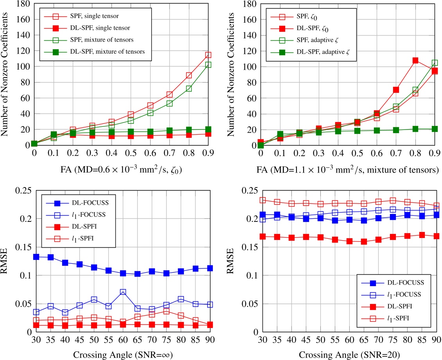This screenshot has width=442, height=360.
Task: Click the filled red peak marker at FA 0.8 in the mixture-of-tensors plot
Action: (415, 61)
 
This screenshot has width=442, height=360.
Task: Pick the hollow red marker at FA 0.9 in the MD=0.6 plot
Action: (208, 55)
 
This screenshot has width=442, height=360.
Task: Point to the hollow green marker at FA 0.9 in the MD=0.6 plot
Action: (208, 65)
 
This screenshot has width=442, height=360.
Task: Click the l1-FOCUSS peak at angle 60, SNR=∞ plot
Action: (123, 292)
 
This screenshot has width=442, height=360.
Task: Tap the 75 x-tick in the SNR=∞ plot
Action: (166, 339)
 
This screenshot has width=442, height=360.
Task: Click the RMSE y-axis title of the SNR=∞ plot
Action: (6, 261)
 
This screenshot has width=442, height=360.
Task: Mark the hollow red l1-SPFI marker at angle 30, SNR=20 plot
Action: (262, 200)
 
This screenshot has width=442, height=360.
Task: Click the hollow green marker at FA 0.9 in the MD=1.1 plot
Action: (434, 63)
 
